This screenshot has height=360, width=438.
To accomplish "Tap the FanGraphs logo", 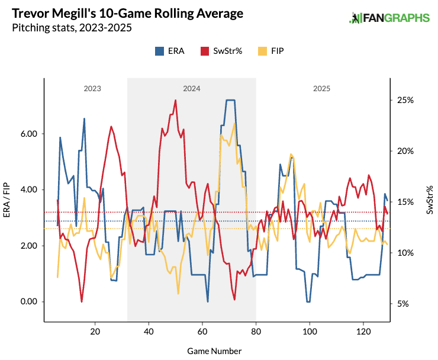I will (389, 18).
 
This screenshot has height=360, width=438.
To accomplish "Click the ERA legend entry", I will (170, 51).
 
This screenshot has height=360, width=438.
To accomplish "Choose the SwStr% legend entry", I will (218, 51).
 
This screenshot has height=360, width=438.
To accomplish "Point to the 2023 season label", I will (92, 88).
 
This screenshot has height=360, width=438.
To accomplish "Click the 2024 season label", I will (191, 88).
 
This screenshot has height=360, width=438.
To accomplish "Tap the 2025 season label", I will (322, 88).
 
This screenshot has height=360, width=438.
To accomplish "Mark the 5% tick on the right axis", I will (402, 304).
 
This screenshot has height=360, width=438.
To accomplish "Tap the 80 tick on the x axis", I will (256, 332).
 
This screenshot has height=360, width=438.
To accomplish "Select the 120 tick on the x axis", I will (363, 332).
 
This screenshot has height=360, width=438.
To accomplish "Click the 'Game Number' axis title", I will (214, 351).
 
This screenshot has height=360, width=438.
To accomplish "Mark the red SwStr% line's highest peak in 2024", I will (176, 100).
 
